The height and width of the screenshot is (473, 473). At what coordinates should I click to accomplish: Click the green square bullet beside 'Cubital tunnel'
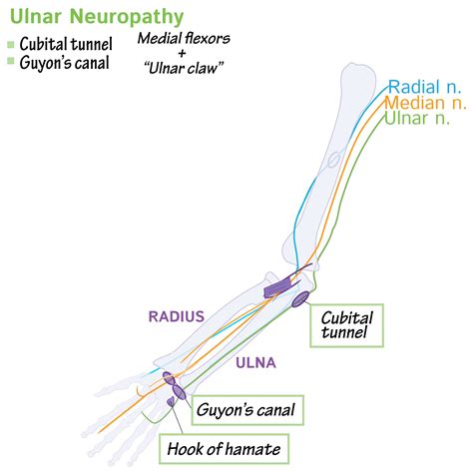(10, 45)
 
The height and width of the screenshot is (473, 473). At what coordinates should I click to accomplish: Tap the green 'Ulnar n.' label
(419, 120)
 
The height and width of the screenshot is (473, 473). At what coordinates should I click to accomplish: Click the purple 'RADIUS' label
(177, 316)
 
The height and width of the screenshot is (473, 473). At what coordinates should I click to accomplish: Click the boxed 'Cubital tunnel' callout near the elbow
(345, 323)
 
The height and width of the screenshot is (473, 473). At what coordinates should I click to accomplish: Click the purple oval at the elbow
(298, 298)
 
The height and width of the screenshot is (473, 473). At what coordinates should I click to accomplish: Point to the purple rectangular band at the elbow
(276, 289)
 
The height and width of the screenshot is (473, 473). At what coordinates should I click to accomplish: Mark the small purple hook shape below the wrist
(172, 402)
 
